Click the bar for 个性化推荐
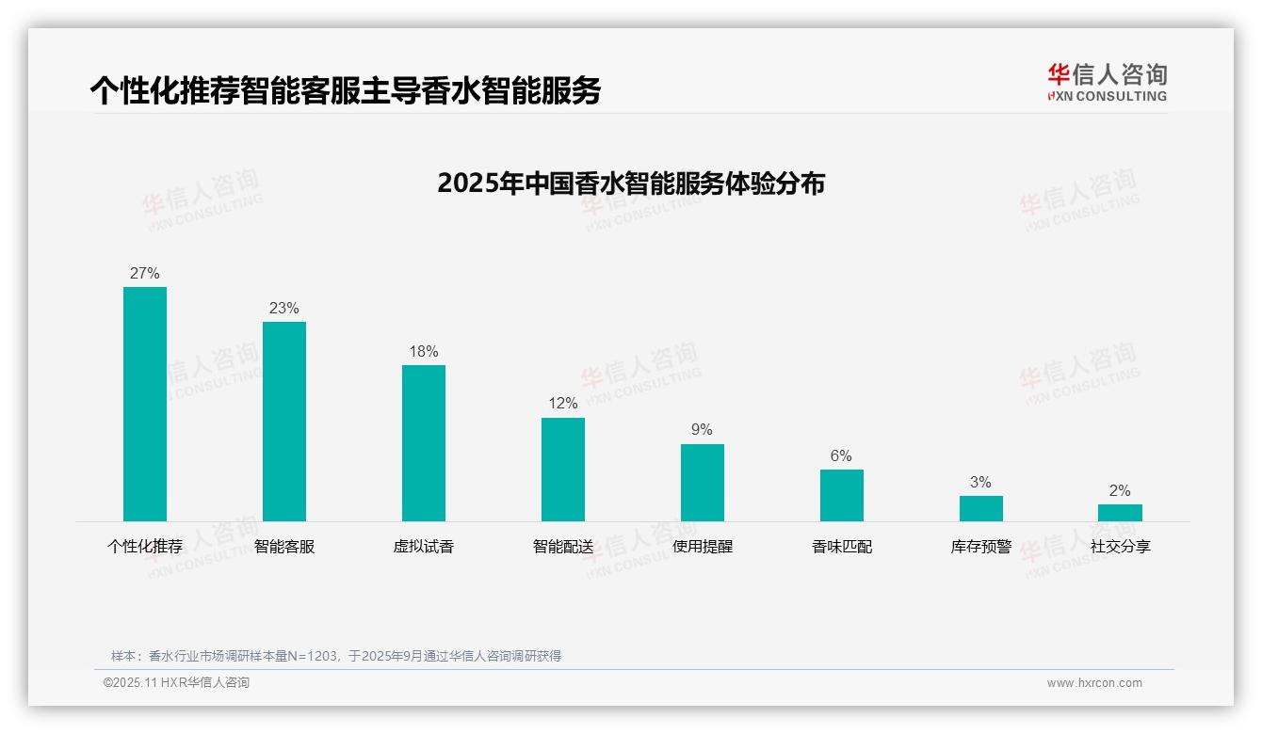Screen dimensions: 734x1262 pyautogui.click(x=145, y=404)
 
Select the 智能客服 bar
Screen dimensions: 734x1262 pyautogui.click(x=284, y=422)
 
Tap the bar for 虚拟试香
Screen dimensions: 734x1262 pyautogui.click(x=424, y=443)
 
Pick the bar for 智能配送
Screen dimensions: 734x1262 pyautogui.click(x=563, y=470)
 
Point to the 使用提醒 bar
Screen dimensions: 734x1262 pyautogui.click(x=703, y=483)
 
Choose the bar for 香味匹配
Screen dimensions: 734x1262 pyautogui.click(x=842, y=495)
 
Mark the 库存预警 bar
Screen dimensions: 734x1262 pyautogui.click(x=981, y=508)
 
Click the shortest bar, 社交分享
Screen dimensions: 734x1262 pyautogui.click(x=1120, y=513)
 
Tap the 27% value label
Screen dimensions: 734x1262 pyautogui.click(x=145, y=274)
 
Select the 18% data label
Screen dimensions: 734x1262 pyautogui.click(x=424, y=352)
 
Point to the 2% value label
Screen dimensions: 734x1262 pyautogui.click(x=1120, y=491)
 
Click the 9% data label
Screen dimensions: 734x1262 pyautogui.click(x=703, y=430)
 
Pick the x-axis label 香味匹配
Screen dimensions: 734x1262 pyautogui.click(x=842, y=547)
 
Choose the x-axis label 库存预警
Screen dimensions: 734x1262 pyautogui.click(x=981, y=547)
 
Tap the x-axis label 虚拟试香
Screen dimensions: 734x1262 pyautogui.click(x=424, y=547)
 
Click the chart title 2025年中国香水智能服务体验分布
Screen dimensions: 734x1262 pyautogui.click(x=631, y=183)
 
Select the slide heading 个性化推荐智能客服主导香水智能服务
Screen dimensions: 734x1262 pyautogui.click(x=345, y=90)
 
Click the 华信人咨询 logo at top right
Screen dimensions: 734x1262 pyautogui.click(x=1107, y=82)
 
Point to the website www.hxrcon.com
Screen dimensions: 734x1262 pyautogui.click(x=1094, y=683)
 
